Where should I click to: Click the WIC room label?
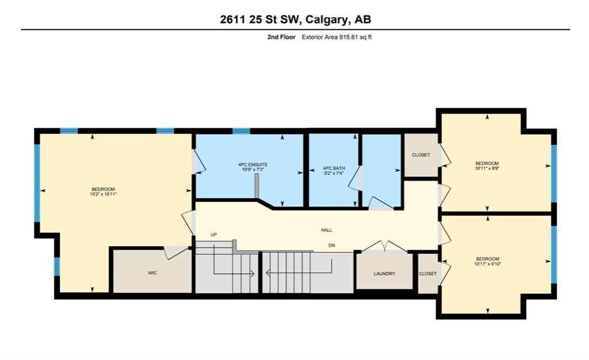(x=152, y=273)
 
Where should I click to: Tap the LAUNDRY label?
(x=384, y=274)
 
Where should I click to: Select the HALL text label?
(x=327, y=230)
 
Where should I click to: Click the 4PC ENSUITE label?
(x=253, y=165)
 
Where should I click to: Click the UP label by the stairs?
(x=214, y=234)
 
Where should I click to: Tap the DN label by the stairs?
(x=332, y=246)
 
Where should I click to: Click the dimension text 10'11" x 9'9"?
(x=487, y=168)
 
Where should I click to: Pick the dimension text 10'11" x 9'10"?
(x=487, y=264)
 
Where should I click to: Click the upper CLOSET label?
(x=421, y=155)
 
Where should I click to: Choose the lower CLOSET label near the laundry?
(x=427, y=274)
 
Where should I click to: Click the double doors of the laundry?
(x=384, y=247)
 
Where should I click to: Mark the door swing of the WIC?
(x=173, y=252)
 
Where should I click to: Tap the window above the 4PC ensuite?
(x=242, y=131)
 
